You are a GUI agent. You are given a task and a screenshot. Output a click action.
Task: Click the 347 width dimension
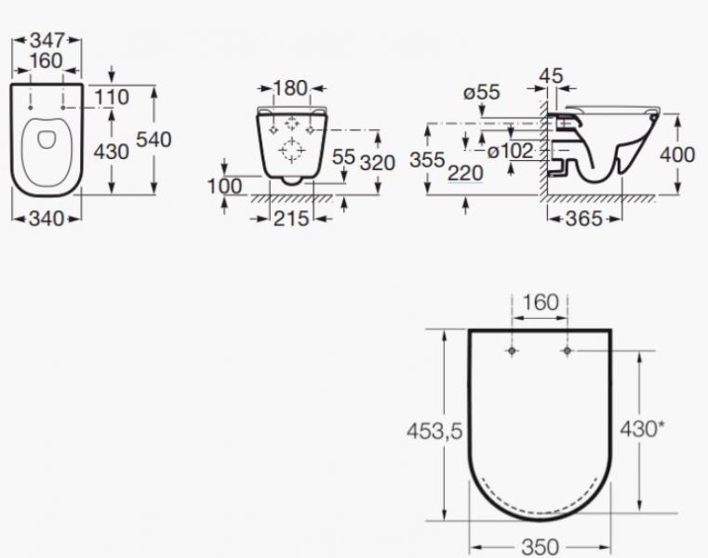[x=46, y=42]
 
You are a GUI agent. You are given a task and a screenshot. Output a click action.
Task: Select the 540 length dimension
[x=154, y=140]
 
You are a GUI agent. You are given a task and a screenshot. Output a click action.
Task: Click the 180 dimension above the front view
[x=289, y=88]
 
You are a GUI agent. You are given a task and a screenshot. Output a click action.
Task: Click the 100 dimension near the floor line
[x=224, y=186]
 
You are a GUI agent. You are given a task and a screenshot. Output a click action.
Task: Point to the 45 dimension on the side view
[x=552, y=75]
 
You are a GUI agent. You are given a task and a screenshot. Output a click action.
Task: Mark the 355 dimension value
[x=427, y=159]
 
